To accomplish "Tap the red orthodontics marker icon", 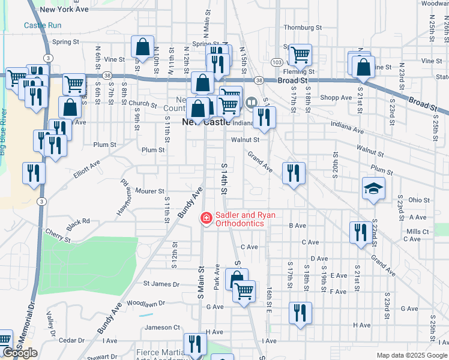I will [x=206, y=218].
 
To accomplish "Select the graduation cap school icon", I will [x=373, y=188].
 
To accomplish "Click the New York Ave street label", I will [x=65, y=10].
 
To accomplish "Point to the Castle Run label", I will [x=43, y=25].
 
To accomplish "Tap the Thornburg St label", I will [x=303, y=28].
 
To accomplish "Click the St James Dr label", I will [x=161, y=283].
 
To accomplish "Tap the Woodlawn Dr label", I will [x=145, y=304].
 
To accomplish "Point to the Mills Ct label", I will [x=417, y=231].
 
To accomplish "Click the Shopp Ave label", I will [x=336, y=98].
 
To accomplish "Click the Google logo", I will [x=20, y=353].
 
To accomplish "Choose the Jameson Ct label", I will [x=162, y=327].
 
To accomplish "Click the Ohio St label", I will [x=418, y=200].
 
